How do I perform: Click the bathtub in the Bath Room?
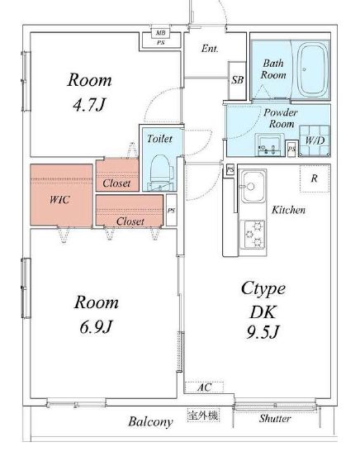coord(312,70)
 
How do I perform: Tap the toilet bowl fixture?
coord(161,169)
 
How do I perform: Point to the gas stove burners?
coord(253,235)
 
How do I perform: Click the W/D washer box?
coord(314,140)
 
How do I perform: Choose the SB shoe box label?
coord(237,79)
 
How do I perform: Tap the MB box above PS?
coord(160,32)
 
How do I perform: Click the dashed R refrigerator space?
coord(315,178)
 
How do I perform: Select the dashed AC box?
coord(204,387)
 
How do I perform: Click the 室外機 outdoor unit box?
coord(203,416)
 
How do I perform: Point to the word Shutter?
coord(275,418)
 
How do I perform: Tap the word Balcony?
coord(150,421)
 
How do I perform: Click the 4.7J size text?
coord(88,104)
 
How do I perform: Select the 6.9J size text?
coord(96,326)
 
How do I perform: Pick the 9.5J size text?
coord(263,332)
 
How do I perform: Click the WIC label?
coord(59,200)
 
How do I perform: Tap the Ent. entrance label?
coord(210,49)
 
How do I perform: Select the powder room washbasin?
coord(270,145)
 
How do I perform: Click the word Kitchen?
coord(288,210)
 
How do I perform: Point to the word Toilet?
coord(159,139)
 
